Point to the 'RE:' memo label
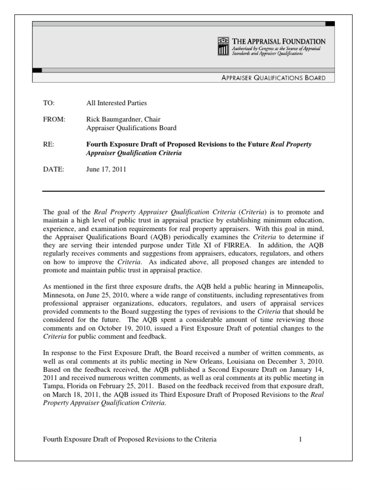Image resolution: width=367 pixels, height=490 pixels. [49, 145]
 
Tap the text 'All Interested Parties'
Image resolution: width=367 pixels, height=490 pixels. [116, 103]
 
